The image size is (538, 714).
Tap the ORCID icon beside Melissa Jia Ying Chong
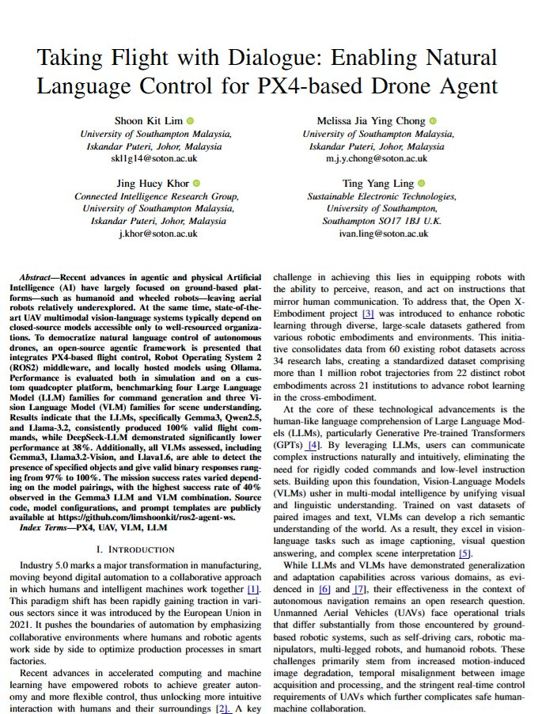point(433,121)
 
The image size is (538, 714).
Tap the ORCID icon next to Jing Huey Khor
point(196,184)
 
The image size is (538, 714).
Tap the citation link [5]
point(465,553)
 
